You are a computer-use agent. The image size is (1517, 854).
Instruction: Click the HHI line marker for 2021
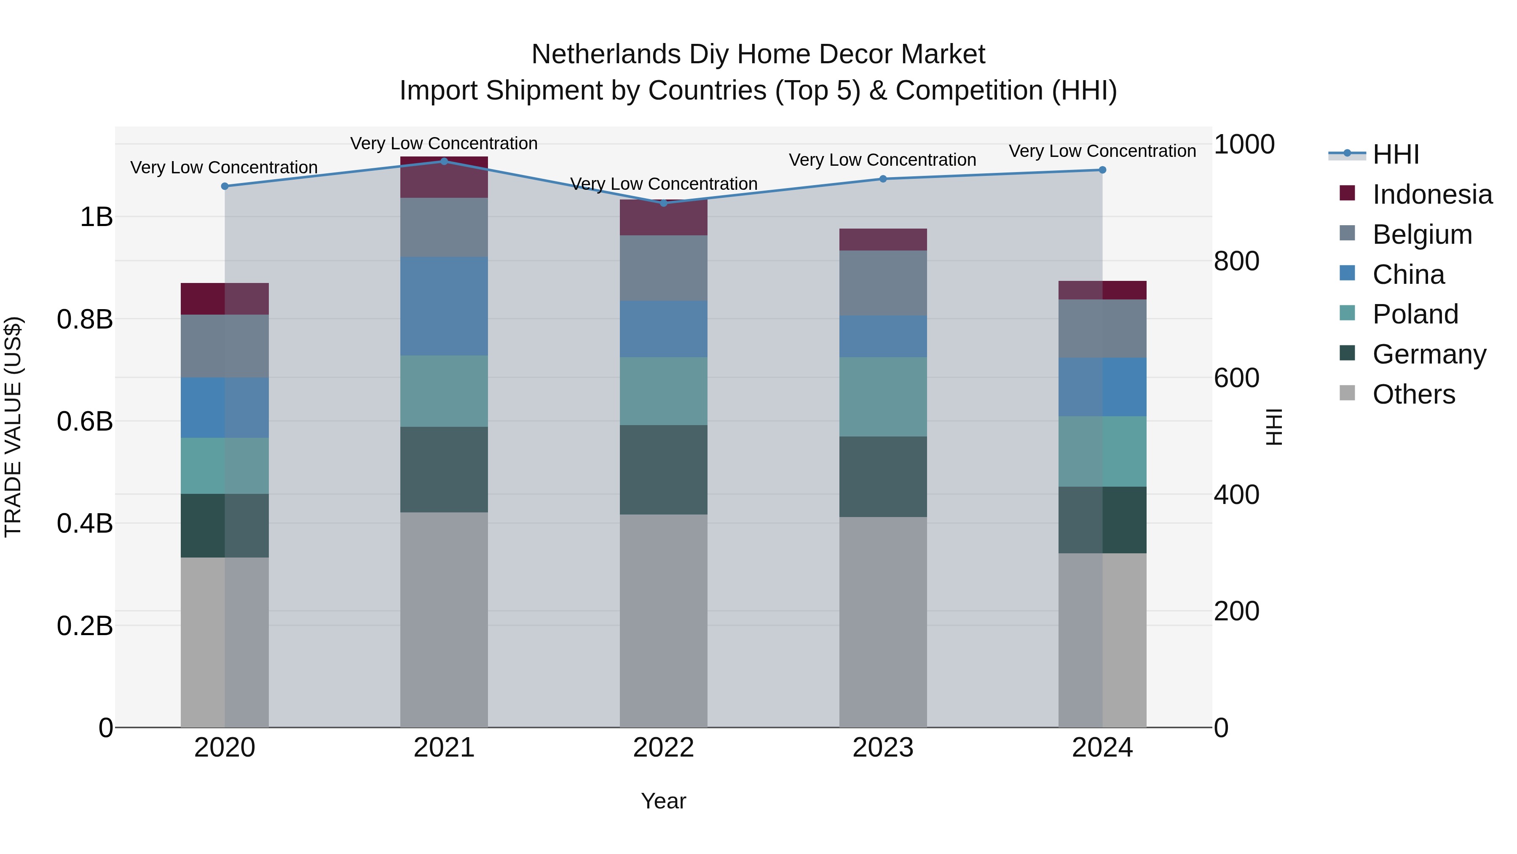444,161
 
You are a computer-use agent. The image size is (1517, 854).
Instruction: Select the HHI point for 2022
664,203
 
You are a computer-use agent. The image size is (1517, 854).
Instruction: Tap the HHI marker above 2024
1102,170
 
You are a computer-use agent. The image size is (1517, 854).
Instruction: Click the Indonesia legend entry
1431,194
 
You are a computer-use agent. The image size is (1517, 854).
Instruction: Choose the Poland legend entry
1415,314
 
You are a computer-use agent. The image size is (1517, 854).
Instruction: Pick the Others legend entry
1413,394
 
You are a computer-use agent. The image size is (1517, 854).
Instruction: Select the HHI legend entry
1395,154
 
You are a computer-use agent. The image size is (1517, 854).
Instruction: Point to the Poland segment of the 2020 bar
224,466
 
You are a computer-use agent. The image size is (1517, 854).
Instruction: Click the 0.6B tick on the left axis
85,421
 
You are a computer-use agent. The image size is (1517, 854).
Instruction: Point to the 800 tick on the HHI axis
1236,261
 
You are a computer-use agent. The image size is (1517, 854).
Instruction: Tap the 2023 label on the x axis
883,748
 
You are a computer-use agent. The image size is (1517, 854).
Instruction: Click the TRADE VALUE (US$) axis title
13,427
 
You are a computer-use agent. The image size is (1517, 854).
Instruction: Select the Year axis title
664,801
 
